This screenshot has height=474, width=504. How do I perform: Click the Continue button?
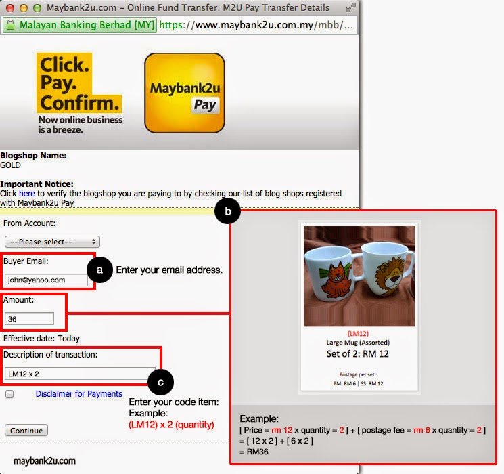point(26,431)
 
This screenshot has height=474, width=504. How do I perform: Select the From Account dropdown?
point(52,242)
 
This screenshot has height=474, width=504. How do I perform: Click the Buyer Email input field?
point(46,279)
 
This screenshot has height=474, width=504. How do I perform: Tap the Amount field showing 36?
point(30,318)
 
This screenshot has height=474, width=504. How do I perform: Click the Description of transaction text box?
point(79,372)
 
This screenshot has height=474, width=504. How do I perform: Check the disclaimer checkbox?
point(9,394)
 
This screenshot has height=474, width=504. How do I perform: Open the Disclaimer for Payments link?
point(79,394)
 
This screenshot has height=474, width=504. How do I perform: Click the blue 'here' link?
point(26,194)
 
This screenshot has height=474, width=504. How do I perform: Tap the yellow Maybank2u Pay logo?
point(184,93)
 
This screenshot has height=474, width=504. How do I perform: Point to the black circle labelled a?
point(100,270)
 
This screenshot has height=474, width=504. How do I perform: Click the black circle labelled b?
point(228,213)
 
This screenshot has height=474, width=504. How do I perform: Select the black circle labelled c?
point(160,383)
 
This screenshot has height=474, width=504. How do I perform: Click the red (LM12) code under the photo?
point(358,334)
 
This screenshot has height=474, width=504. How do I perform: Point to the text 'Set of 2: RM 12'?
point(358,353)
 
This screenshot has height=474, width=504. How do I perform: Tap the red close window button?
point(9,7)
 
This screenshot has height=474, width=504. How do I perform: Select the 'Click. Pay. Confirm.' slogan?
point(78,84)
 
